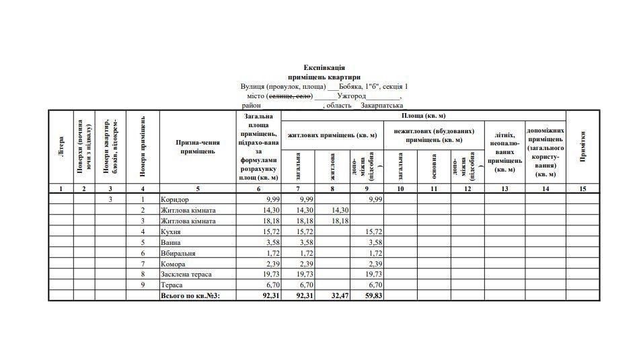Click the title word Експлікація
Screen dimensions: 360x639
click(x=324, y=68)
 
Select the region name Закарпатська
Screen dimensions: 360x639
click(x=382, y=106)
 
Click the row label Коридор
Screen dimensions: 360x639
click(x=175, y=200)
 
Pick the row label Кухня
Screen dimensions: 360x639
click(x=171, y=231)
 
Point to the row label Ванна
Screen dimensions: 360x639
click(x=171, y=242)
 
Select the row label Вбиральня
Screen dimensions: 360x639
click(x=178, y=253)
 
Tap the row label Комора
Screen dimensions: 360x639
click(x=173, y=264)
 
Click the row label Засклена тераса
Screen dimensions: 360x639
click(x=186, y=275)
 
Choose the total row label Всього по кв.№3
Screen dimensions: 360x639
click(x=190, y=296)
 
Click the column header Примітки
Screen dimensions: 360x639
click(x=582, y=147)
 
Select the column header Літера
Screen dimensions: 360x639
click(x=61, y=147)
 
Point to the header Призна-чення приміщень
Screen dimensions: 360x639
click(x=198, y=147)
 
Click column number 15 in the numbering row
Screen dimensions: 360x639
click(x=582, y=189)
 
